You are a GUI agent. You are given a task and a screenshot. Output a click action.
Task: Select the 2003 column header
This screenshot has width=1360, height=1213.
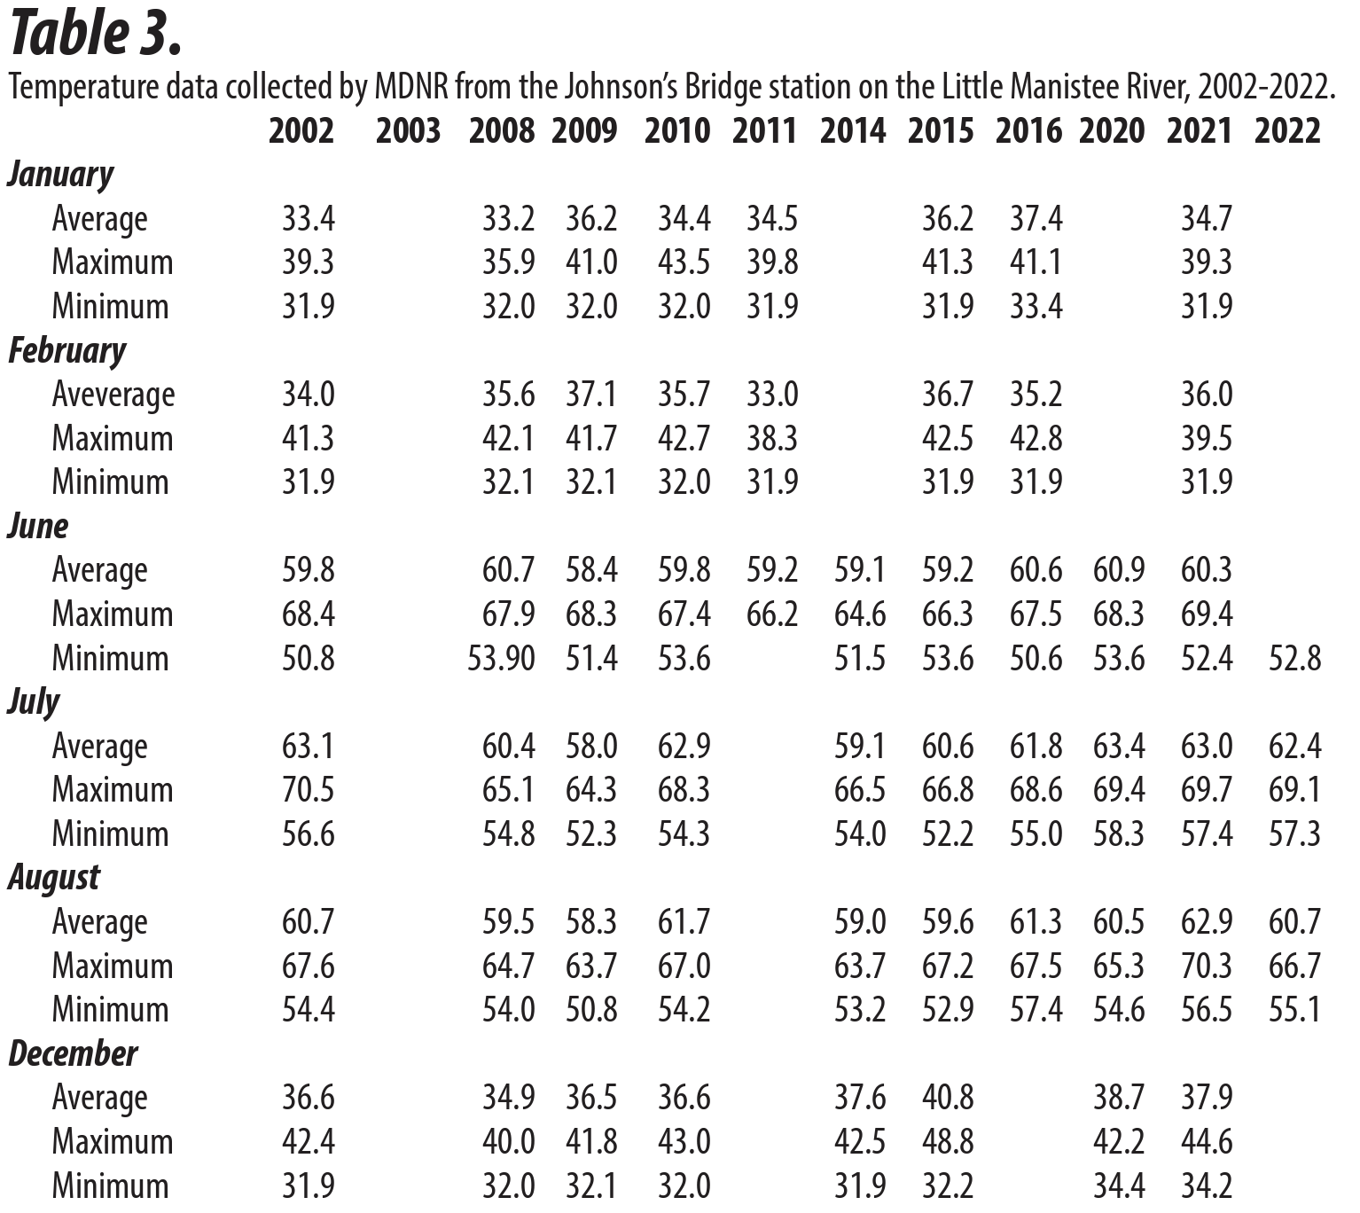[x=408, y=130]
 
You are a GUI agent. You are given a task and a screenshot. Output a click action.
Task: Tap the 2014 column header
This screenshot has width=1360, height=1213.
[x=853, y=130]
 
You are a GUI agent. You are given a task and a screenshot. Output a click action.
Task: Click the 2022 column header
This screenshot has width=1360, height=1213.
[x=1287, y=130]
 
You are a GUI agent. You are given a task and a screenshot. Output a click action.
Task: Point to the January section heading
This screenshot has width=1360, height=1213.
[x=60, y=176]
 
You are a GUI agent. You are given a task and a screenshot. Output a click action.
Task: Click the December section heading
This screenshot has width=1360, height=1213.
[x=74, y=1053]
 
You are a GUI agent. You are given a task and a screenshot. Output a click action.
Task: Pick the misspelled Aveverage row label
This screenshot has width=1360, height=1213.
[x=113, y=395]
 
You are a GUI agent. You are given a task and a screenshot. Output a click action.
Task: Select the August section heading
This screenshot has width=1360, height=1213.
[x=54, y=878]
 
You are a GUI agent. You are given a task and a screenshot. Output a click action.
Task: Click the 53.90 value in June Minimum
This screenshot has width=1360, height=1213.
[x=502, y=658]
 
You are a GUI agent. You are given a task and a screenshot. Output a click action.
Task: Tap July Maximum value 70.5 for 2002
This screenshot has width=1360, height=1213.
[x=309, y=789]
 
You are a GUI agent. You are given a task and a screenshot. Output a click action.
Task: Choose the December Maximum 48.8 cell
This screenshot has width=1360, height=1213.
[x=947, y=1141]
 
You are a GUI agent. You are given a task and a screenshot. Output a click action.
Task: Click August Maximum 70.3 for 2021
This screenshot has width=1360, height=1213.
[x=1207, y=966]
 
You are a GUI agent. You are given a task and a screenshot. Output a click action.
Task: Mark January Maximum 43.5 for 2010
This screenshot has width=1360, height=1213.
[x=684, y=262]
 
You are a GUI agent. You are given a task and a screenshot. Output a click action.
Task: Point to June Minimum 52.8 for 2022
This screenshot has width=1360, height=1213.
[x=1295, y=658]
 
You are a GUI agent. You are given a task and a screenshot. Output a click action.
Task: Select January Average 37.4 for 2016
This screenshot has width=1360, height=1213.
[x=1036, y=219]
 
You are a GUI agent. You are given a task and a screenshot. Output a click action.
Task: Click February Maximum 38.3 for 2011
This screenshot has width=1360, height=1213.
[x=772, y=438]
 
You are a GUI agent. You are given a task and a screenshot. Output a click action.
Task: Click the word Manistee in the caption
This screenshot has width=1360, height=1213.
[x=1059, y=87]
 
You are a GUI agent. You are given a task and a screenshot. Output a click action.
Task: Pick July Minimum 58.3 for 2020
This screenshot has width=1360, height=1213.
[x=1119, y=833]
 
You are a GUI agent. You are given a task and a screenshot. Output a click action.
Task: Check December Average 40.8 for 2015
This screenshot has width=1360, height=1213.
[x=947, y=1097]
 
